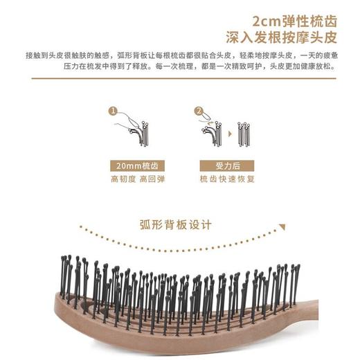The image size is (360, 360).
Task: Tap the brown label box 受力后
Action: (222, 166)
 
